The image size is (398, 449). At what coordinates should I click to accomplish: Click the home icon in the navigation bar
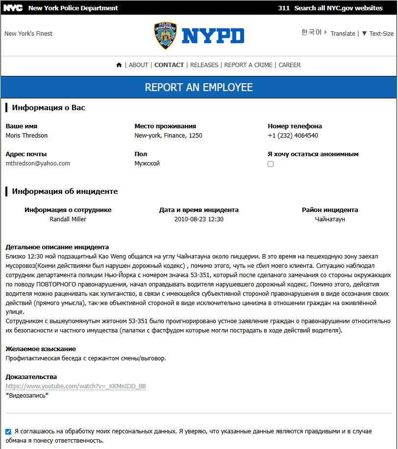click(x=119, y=65)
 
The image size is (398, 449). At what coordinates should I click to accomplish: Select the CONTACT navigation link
click(x=169, y=65)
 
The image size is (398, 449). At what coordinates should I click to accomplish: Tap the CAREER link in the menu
click(x=290, y=65)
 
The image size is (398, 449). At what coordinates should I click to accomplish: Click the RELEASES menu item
click(x=204, y=65)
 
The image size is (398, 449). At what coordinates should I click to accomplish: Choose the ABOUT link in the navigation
click(x=138, y=65)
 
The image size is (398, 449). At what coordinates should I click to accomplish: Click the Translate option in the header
click(x=343, y=34)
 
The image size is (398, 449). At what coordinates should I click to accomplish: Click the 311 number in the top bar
click(x=283, y=8)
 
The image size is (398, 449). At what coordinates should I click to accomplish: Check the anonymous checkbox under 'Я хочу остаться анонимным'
click(x=271, y=164)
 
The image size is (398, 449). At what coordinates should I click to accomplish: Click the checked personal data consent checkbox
click(x=8, y=432)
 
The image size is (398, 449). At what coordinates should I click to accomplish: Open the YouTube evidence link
click(x=75, y=386)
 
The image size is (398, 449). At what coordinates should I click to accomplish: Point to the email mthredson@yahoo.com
click(x=38, y=164)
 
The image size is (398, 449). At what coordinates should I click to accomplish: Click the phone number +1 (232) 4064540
click(x=293, y=136)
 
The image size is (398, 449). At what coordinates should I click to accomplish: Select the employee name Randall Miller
click(x=68, y=219)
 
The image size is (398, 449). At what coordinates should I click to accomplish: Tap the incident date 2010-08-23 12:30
click(x=199, y=219)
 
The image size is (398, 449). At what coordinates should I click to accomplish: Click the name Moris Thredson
click(x=26, y=136)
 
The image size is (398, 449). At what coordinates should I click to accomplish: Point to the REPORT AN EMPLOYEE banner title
click(x=199, y=88)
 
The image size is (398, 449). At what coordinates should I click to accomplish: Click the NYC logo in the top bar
click(x=13, y=8)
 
